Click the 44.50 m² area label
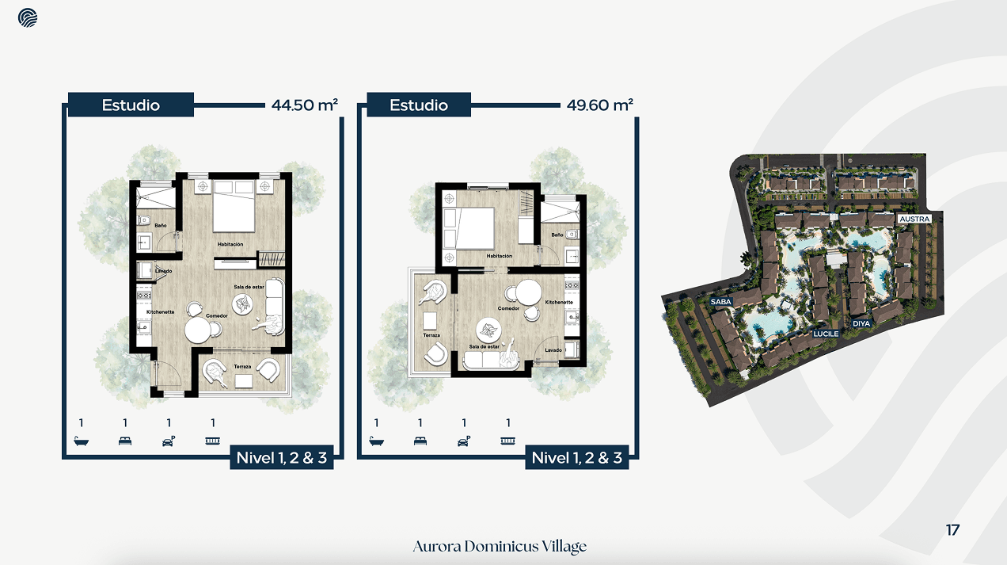point(305,105)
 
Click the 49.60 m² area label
point(600,105)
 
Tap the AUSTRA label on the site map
point(914,218)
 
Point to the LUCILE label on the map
point(826,334)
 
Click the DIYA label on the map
point(861,323)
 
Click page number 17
point(952,530)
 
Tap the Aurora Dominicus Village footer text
point(500,547)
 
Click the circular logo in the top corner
point(28,17)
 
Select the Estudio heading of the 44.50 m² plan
point(131,105)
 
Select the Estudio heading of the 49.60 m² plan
point(419,105)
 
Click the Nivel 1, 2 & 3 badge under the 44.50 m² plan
point(281,457)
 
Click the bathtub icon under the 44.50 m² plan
point(81,441)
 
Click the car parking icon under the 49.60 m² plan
point(464,441)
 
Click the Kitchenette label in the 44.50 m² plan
point(161,312)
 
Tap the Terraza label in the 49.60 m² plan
point(431,335)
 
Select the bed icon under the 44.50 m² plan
point(125,441)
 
